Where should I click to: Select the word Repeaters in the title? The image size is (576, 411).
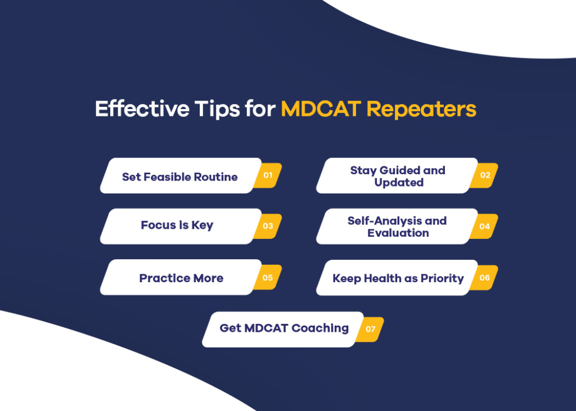(421, 109)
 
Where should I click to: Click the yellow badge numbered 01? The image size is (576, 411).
(268, 175)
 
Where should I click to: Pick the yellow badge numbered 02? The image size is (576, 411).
(485, 175)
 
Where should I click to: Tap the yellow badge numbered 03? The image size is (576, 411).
(268, 226)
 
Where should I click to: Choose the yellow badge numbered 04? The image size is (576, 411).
(485, 226)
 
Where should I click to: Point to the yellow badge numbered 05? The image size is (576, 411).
(268, 278)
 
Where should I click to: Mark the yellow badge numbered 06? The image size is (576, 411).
(485, 278)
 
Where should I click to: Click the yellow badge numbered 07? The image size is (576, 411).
(370, 329)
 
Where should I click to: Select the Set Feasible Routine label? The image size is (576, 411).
(180, 177)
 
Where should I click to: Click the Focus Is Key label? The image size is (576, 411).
(177, 226)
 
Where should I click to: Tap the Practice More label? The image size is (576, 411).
(181, 278)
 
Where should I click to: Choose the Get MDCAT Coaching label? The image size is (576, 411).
(284, 328)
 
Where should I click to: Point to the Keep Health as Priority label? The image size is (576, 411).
(398, 278)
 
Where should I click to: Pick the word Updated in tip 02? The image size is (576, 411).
(399, 183)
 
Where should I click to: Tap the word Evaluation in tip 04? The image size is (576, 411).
(398, 233)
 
